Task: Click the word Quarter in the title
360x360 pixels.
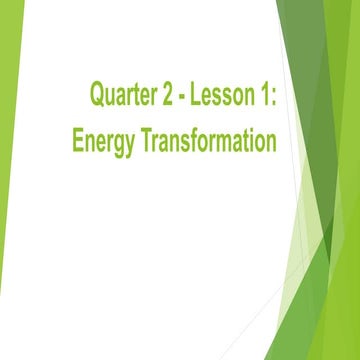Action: [x=124, y=96]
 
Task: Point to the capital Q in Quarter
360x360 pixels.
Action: [x=97, y=96]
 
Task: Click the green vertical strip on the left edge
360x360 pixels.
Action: [x=7, y=180]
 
